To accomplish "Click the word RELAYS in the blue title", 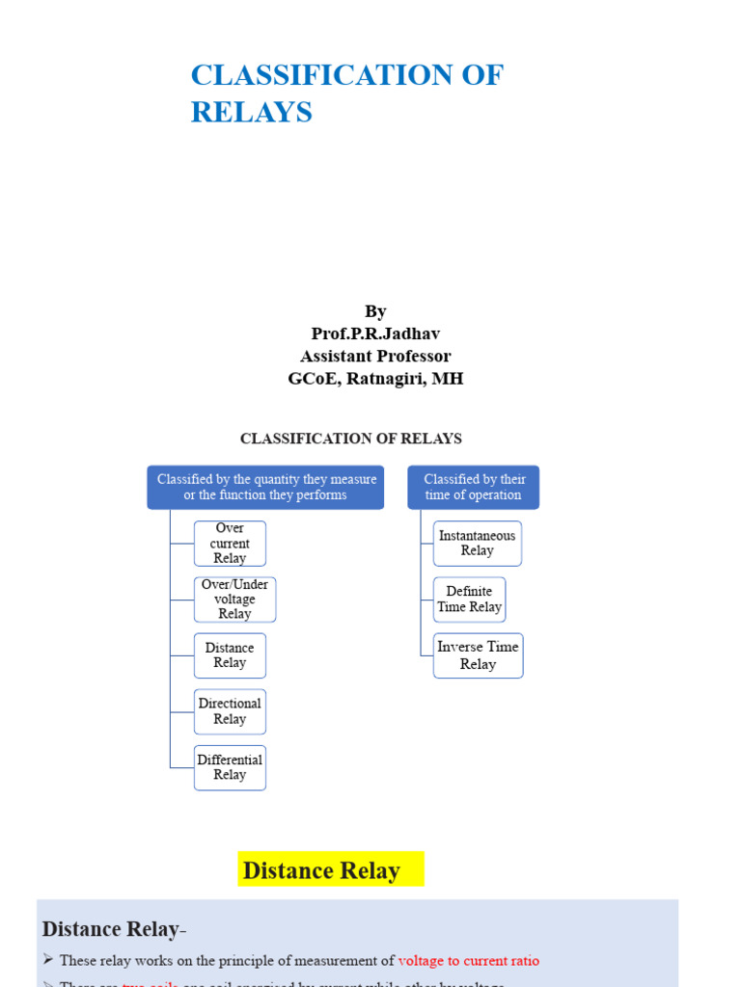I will (252, 113).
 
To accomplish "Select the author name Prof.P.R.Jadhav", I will (375, 333).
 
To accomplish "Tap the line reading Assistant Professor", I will (375, 356).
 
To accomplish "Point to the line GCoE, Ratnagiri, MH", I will (375, 379).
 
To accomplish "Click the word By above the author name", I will (375, 311).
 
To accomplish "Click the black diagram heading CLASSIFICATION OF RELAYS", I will (351, 439).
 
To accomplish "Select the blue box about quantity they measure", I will (265, 488).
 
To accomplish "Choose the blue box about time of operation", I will (473, 488).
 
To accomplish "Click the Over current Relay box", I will (230, 544).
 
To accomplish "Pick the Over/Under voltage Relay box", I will (234, 600).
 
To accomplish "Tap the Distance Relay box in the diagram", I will (230, 655).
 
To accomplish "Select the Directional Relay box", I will (230, 711).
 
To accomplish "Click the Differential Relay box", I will (230, 767).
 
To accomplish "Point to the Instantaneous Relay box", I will (477, 544).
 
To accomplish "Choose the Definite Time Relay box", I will (469, 600).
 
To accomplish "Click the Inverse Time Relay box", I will (478, 655).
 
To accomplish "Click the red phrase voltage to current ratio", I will (469, 961).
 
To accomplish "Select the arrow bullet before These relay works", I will (48, 961).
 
